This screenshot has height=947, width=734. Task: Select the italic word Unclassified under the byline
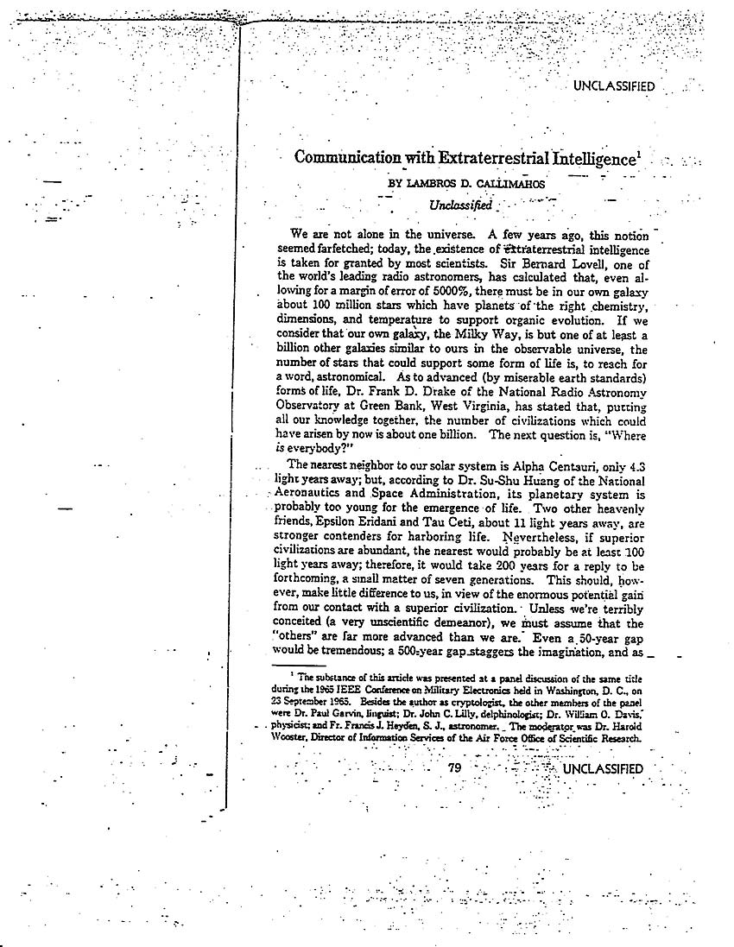click(460, 205)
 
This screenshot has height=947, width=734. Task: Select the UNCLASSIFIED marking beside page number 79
click(603, 769)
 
